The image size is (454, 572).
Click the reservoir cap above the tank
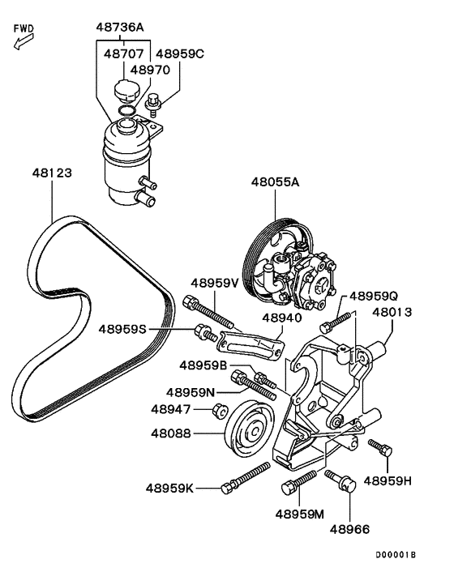[x=127, y=89]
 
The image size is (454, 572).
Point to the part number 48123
[x=53, y=173]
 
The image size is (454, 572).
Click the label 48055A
[x=275, y=182]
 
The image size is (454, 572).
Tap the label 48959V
[x=215, y=284]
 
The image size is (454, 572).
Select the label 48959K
[x=170, y=488]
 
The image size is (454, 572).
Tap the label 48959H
[x=388, y=480]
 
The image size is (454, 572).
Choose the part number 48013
[x=392, y=311]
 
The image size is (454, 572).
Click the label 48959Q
[x=374, y=296]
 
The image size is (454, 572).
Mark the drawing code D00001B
[x=395, y=555]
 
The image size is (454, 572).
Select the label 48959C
[x=180, y=53]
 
